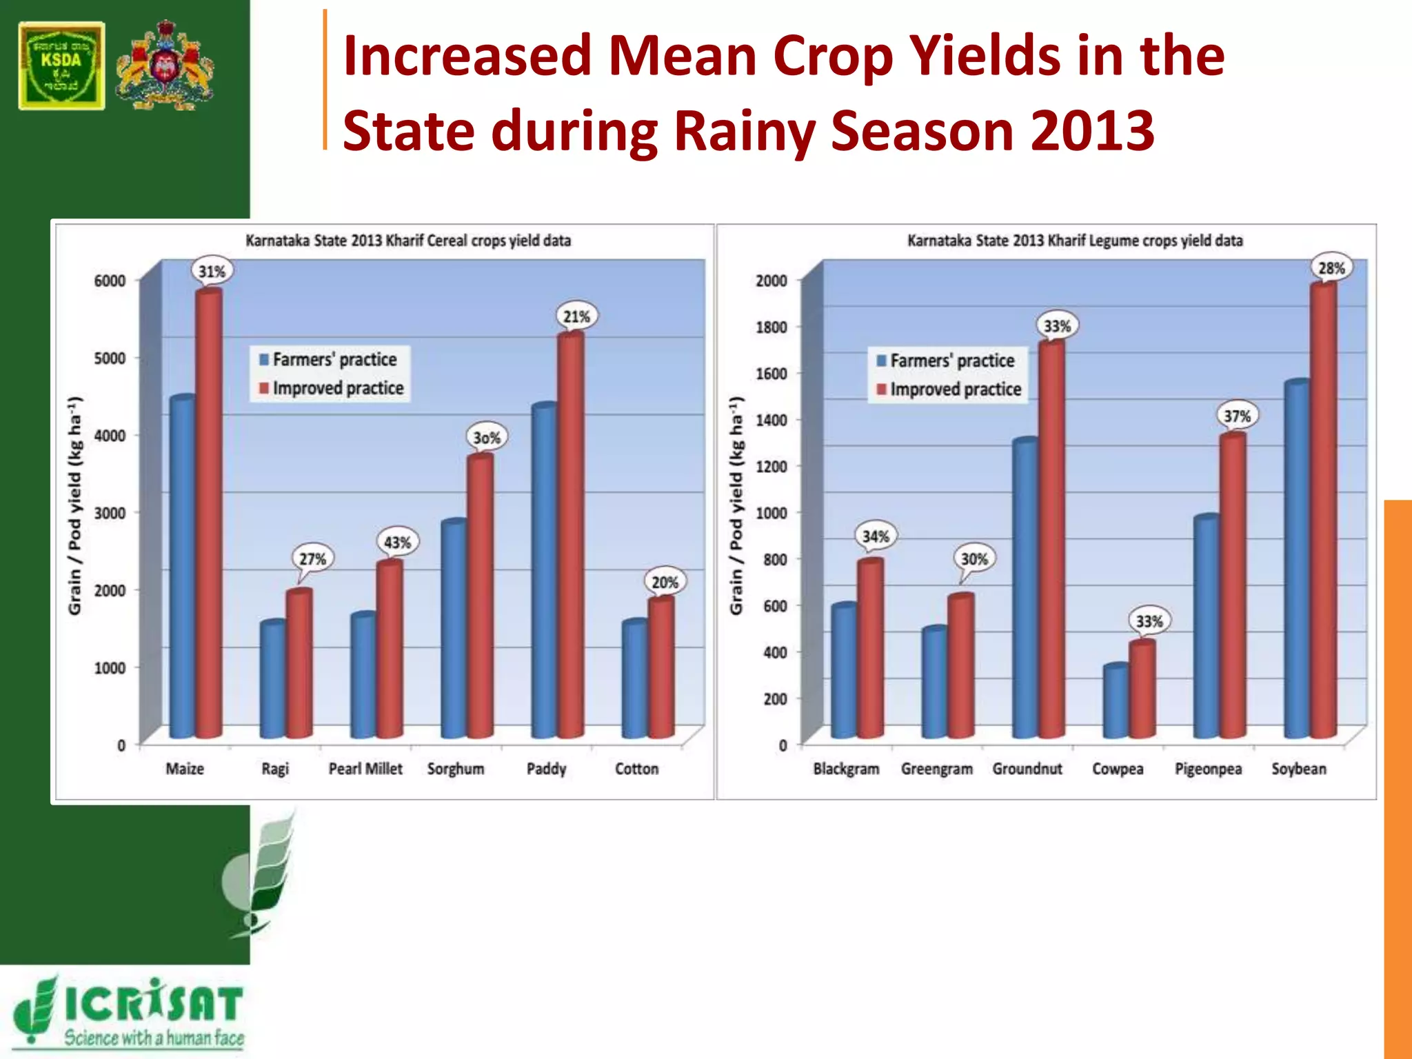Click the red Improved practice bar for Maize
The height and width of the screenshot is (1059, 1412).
tap(209, 514)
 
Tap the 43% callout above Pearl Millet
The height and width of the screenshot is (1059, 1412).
tap(397, 543)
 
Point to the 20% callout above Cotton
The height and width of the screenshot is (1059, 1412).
tap(665, 583)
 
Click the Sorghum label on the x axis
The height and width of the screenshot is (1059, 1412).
tap(456, 769)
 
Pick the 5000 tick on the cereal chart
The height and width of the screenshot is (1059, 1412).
tap(110, 359)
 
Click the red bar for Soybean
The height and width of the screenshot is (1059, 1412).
tap(1323, 510)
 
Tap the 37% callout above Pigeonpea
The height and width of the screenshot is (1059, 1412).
tap(1237, 416)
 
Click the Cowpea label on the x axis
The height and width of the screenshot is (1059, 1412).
tap(1118, 769)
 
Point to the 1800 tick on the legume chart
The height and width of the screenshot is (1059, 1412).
tap(771, 327)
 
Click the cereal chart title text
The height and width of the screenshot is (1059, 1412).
tap(408, 241)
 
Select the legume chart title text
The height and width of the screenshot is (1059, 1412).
tap(1075, 241)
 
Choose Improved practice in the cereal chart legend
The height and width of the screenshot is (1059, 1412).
tap(337, 388)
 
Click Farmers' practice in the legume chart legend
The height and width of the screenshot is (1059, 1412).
tap(951, 361)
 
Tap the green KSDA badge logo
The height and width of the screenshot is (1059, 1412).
tap(62, 66)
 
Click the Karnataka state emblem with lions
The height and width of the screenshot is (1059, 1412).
tap(165, 66)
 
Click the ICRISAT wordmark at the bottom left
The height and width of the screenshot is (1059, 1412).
tap(153, 1004)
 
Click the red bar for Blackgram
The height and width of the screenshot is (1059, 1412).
tap(871, 648)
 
